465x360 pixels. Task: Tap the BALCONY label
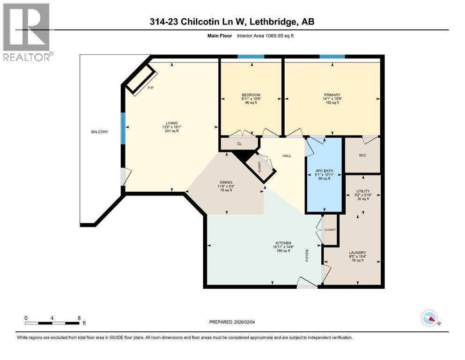(99, 132)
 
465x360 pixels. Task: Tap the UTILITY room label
(362, 191)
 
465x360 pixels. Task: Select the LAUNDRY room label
(357, 252)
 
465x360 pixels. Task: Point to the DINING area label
(227, 182)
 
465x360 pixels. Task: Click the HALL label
(287, 156)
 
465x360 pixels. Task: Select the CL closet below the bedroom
(239, 143)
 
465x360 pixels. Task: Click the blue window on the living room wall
(124, 128)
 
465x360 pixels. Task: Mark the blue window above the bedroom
(251, 57)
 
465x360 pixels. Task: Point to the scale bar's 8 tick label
(79, 318)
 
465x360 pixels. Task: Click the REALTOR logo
(27, 31)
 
